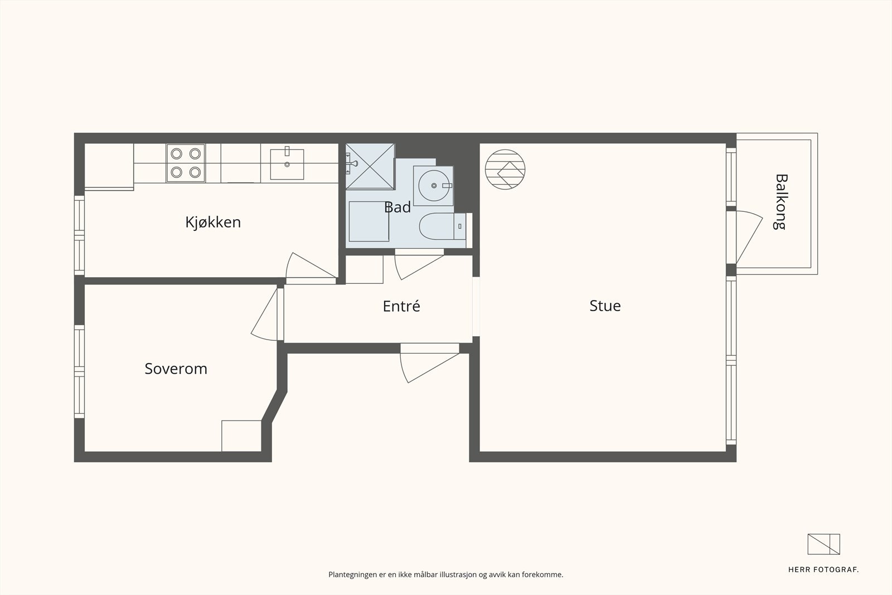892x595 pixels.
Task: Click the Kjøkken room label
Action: point(213,222)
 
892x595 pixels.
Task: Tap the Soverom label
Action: point(176,369)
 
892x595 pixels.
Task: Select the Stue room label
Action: point(605,306)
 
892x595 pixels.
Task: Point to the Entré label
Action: point(401,306)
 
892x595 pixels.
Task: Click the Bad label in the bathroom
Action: point(397,207)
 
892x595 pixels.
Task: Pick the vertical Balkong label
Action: point(781,201)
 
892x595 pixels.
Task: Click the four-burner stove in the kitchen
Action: point(186,163)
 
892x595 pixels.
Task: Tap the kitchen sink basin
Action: point(287,164)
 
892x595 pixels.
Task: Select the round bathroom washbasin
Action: point(433,186)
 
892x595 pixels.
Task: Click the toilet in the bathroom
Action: point(443,226)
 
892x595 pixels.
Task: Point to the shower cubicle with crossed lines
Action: point(370,166)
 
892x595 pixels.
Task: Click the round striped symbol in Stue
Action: point(505,170)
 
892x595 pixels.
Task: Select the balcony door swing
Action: point(749,238)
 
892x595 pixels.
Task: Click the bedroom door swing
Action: point(264,315)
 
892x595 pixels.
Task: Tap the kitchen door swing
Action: point(311,265)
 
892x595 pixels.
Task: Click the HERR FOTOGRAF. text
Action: point(823,570)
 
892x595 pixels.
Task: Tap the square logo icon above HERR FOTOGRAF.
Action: point(823,544)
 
